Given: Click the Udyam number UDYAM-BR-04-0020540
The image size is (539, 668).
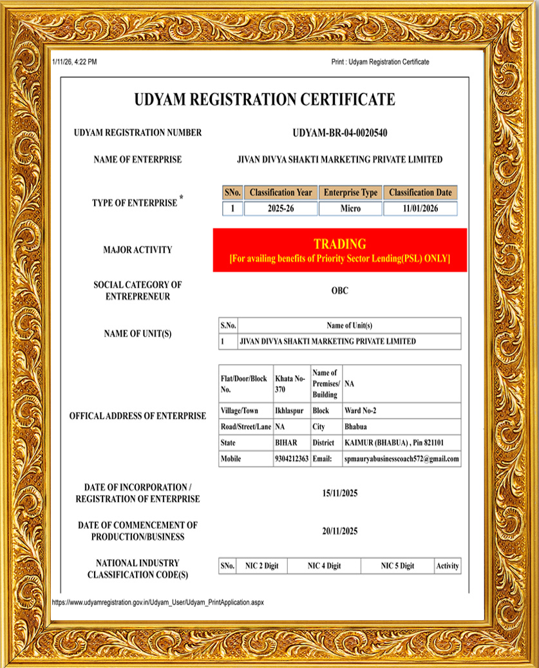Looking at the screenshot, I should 339,133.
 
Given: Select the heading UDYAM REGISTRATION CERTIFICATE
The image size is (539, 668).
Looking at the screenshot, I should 265,100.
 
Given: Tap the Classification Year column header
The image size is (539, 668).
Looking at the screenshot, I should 280,192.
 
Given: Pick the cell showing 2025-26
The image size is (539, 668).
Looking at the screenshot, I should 280,209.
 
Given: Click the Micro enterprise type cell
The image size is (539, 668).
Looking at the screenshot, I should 350,209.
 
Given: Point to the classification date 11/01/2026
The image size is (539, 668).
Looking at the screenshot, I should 420,209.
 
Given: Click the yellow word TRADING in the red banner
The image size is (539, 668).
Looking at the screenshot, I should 339,244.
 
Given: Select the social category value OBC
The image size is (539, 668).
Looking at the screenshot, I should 339,291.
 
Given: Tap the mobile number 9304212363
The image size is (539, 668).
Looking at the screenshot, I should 292,458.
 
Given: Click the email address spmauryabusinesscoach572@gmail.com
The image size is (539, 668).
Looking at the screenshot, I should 402,458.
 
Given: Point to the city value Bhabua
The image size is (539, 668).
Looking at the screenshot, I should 355,426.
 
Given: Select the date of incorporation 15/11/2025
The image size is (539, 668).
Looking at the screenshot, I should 339,493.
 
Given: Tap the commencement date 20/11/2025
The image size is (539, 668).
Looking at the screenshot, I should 339,531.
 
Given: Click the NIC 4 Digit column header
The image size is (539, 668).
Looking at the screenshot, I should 324,566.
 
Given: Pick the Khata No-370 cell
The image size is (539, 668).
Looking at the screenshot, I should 290,384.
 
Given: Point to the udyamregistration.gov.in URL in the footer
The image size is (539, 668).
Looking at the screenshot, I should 158,602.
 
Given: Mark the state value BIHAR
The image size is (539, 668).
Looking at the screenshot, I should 287,443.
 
